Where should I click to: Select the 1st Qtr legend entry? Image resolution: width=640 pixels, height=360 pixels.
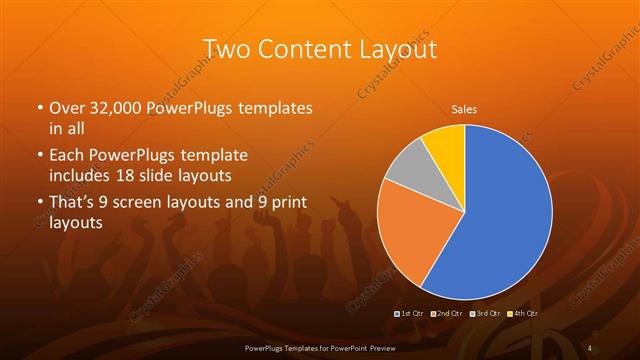coord(410,314)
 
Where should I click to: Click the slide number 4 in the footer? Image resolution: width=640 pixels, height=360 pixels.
coord(591,347)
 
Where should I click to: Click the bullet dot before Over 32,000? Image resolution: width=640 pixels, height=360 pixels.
coord(39,108)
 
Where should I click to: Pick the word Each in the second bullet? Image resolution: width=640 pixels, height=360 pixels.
coord(67,156)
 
